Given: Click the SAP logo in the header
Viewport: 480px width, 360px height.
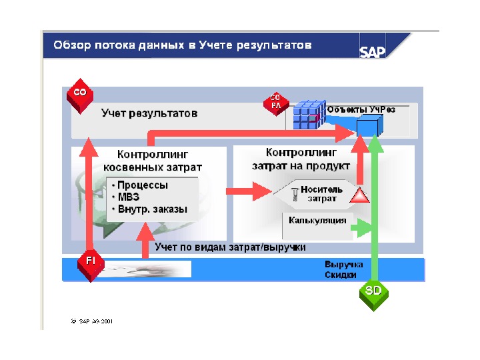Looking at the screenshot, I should (x=373, y=51).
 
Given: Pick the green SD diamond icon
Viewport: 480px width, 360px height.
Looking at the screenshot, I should (x=373, y=291).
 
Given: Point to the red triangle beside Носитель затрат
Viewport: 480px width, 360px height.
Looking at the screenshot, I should (x=359, y=195).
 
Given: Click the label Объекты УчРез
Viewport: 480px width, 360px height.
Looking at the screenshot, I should (x=361, y=109).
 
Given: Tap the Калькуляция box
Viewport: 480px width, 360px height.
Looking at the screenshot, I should (x=317, y=220).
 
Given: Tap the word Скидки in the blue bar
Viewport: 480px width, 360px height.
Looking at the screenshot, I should (x=340, y=275).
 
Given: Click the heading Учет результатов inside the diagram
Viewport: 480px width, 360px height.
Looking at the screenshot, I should (x=149, y=113).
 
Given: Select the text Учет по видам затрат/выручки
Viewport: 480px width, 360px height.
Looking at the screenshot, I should (x=230, y=247).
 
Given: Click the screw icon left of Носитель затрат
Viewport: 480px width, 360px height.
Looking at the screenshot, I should (x=295, y=193).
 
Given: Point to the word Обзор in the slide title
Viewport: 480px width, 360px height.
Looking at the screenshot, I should (x=71, y=46).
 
